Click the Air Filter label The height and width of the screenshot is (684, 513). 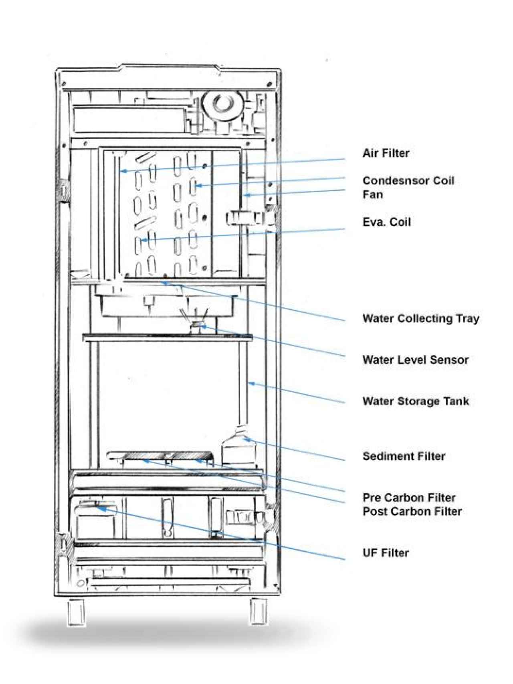click(386, 153)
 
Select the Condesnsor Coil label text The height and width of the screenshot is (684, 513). click(408, 180)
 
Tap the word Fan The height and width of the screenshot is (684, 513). click(372, 194)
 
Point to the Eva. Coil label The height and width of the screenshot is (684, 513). click(386, 222)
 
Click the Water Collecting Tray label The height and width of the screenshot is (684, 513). click(420, 319)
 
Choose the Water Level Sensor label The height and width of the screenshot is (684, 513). click(415, 360)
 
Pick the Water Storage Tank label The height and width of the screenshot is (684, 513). click(415, 401)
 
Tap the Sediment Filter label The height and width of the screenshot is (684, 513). click(404, 456)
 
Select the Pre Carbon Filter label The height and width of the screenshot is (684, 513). click(409, 498)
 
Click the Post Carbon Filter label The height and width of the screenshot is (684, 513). click(412, 511)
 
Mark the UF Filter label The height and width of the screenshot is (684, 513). click(386, 553)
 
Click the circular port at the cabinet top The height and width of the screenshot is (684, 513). click(222, 104)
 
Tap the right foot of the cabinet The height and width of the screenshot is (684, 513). click(259, 611)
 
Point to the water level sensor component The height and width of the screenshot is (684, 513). click(195, 325)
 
